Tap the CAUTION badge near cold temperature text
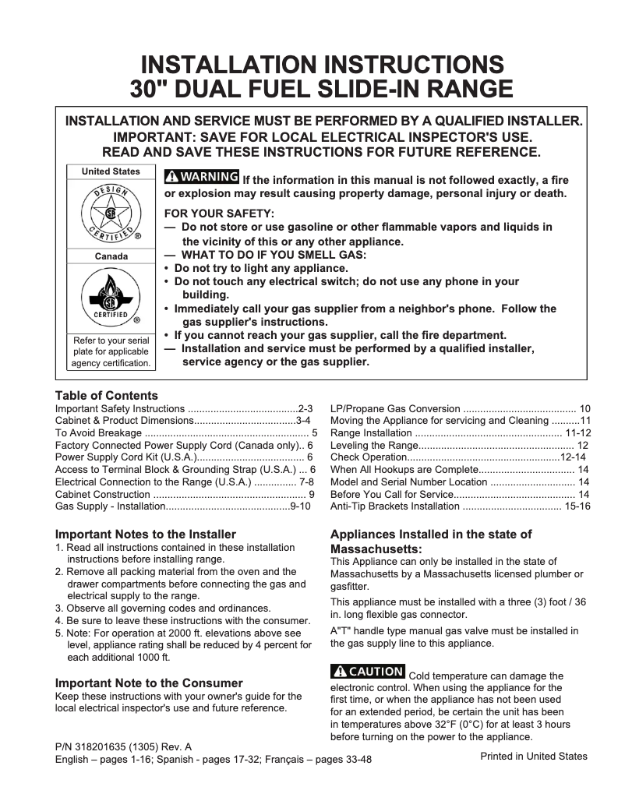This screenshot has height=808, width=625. [368, 671]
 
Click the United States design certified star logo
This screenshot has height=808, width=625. [111, 213]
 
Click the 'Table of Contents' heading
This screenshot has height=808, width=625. [106, 396]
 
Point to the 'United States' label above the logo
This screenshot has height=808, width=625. [111, 171]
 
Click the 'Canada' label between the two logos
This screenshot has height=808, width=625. [111, 256]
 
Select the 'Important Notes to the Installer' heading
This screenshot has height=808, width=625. [145, 535]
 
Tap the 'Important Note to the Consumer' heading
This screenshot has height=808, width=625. [148, 683]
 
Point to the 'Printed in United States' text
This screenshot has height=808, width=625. [533, 756]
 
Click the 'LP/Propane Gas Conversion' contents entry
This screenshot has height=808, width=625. [395, 408]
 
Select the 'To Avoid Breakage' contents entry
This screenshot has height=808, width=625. [98, 432]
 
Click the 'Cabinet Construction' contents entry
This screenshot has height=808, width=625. [102, 494]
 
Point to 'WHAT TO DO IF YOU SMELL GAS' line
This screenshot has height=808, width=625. [273, 255]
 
